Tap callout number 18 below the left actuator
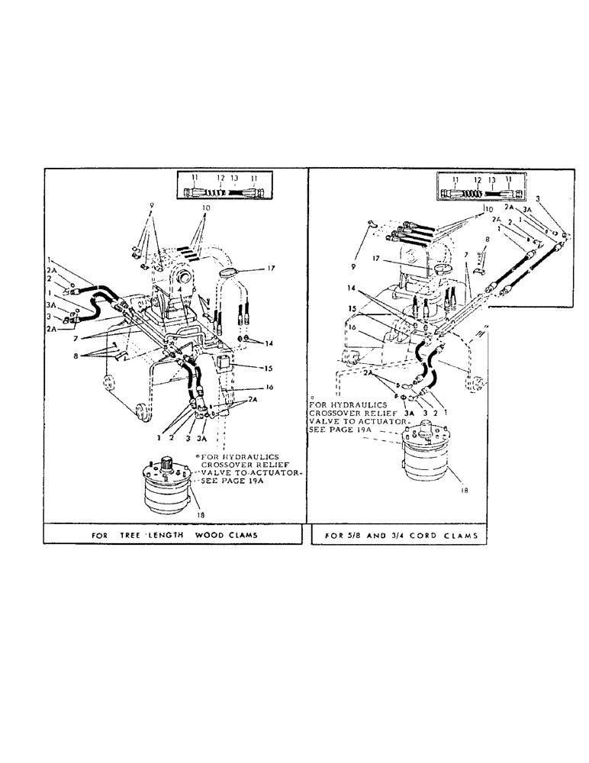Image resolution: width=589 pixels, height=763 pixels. (x=201, y=517)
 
